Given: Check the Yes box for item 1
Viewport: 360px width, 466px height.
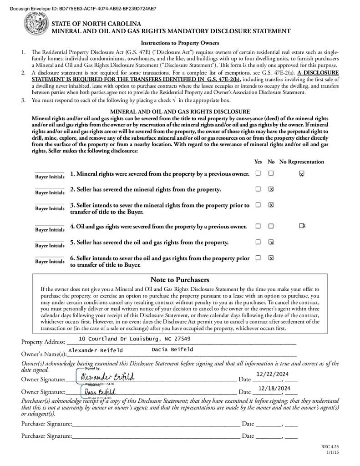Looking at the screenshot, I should click(258, 173).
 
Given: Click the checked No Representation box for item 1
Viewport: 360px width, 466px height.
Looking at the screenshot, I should click(301, 173).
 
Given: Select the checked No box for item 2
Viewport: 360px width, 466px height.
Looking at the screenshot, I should click(271, 189).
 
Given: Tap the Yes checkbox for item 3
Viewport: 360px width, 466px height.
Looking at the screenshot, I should click(258, 205).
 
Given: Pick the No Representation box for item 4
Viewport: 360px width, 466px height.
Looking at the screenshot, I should click(302, 226).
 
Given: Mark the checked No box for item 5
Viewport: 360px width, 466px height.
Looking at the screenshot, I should click(271, 242).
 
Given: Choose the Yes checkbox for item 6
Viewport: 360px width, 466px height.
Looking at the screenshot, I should click(258, 258).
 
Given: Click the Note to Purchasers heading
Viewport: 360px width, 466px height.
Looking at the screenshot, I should click(180, 279).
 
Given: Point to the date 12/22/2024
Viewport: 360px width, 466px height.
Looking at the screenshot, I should click(273, 374).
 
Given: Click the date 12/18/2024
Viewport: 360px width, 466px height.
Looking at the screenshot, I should click(274, 388).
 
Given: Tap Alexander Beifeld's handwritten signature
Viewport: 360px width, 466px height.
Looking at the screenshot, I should click(107, 377).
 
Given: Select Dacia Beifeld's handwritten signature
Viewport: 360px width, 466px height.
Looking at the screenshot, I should click(99, 391).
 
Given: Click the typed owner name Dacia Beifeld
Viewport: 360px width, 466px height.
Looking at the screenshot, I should click(172, 349).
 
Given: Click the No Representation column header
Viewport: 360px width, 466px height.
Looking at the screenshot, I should click(301, 162).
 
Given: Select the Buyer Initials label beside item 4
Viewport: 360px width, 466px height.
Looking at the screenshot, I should click(50, 230).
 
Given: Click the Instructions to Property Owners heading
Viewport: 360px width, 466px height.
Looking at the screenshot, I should click(180, 43).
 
